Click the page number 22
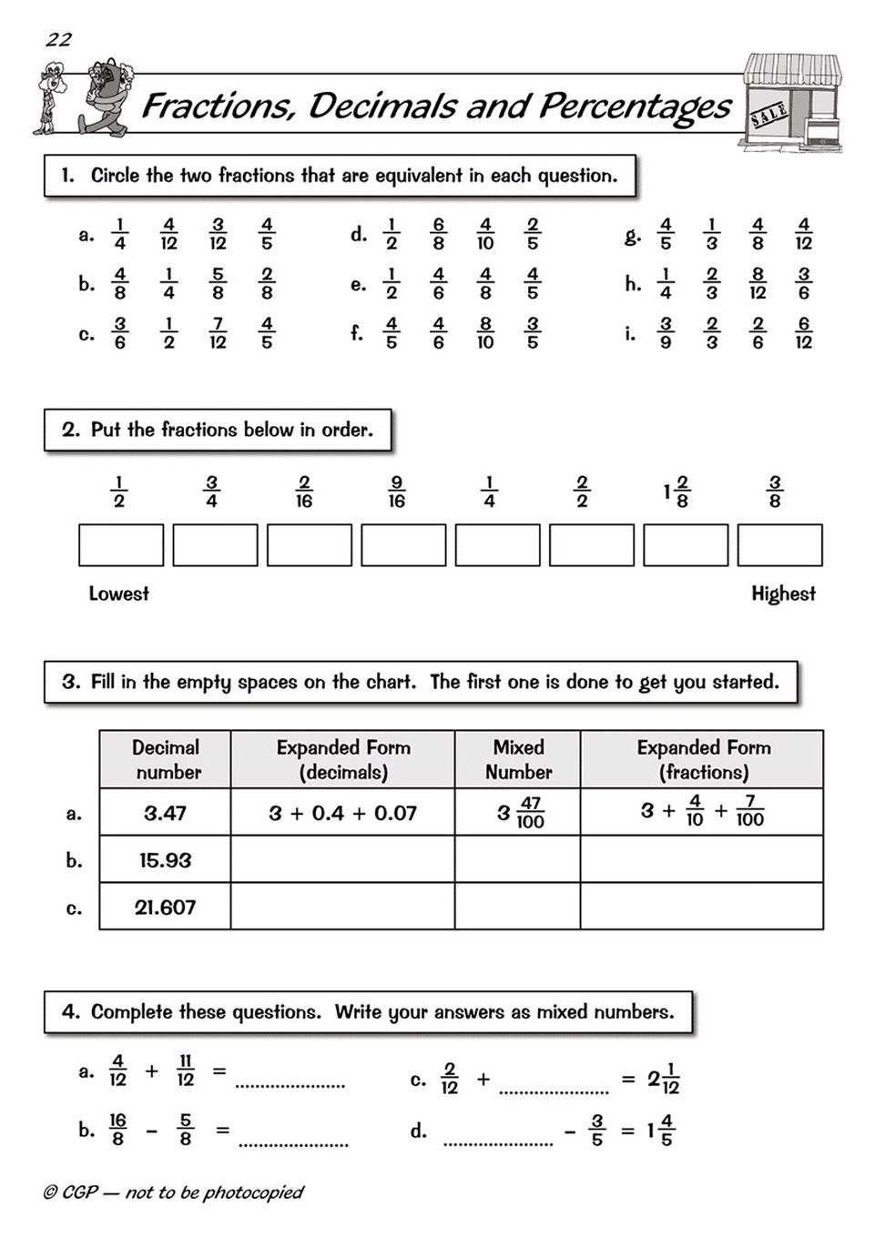58,39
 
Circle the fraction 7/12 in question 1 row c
218,333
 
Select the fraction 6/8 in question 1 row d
439,234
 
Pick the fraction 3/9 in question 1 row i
666,333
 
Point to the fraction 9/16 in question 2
396,492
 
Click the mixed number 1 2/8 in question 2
677,492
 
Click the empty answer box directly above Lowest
121,545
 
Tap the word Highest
783,594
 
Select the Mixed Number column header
517,759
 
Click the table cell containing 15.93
165,860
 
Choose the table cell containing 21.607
165,908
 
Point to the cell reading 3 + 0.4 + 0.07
342,813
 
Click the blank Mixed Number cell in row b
517,860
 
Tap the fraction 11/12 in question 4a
185,1071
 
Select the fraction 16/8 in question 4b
117,1130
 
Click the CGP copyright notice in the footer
173,1192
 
